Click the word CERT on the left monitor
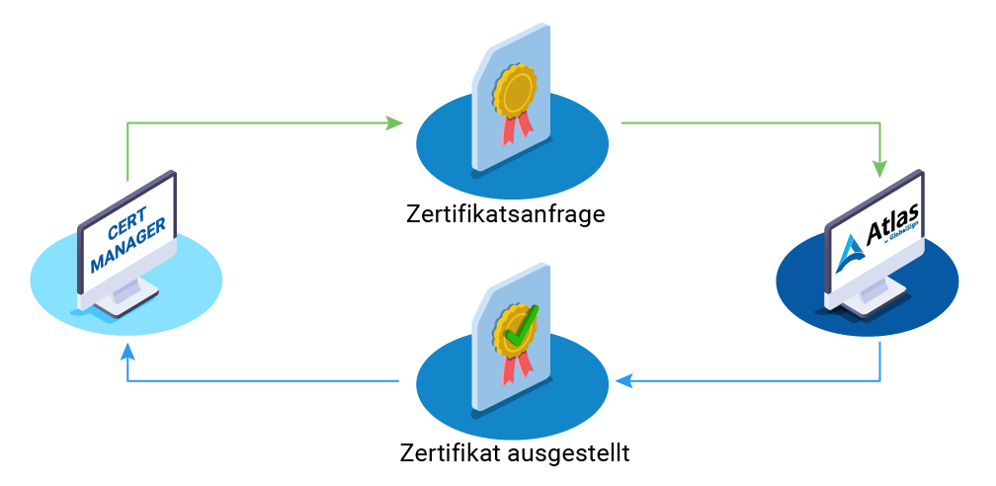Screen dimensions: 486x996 pos(126,230)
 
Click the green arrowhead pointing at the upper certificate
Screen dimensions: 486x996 pos(394,123)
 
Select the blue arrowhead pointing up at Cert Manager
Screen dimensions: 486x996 pos(127,351)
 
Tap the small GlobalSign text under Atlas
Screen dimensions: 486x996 pos(904,237)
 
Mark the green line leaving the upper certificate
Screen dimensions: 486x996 pos(741,123)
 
